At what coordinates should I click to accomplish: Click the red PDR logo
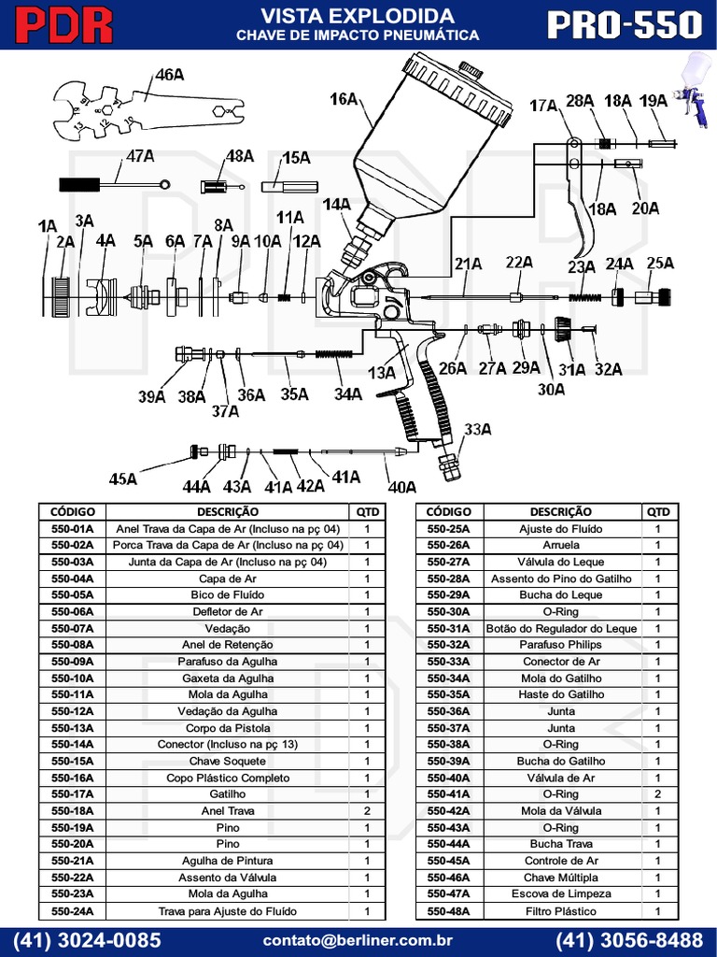(64, 25)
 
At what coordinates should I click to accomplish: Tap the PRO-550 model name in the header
(624, 25)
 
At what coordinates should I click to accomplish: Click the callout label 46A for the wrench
(169, 75)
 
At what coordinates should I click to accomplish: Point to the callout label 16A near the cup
(344, 97)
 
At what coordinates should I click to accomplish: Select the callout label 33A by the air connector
(477, 429)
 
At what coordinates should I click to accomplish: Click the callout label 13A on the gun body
(382, 372)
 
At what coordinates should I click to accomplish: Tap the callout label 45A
(122, 478)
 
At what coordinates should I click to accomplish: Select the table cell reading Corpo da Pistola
(228, 728)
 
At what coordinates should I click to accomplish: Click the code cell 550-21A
(72, 861)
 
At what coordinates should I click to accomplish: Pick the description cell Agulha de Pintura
(228, 861)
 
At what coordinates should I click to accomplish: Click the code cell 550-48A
(448, 911)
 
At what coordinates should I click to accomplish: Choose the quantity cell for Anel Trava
(367, 811)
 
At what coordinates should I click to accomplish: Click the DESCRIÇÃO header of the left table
(228, 512)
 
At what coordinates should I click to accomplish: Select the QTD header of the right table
(658, 512)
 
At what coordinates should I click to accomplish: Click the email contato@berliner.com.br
(358, 939)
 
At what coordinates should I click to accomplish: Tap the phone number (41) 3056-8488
(629, 939)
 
